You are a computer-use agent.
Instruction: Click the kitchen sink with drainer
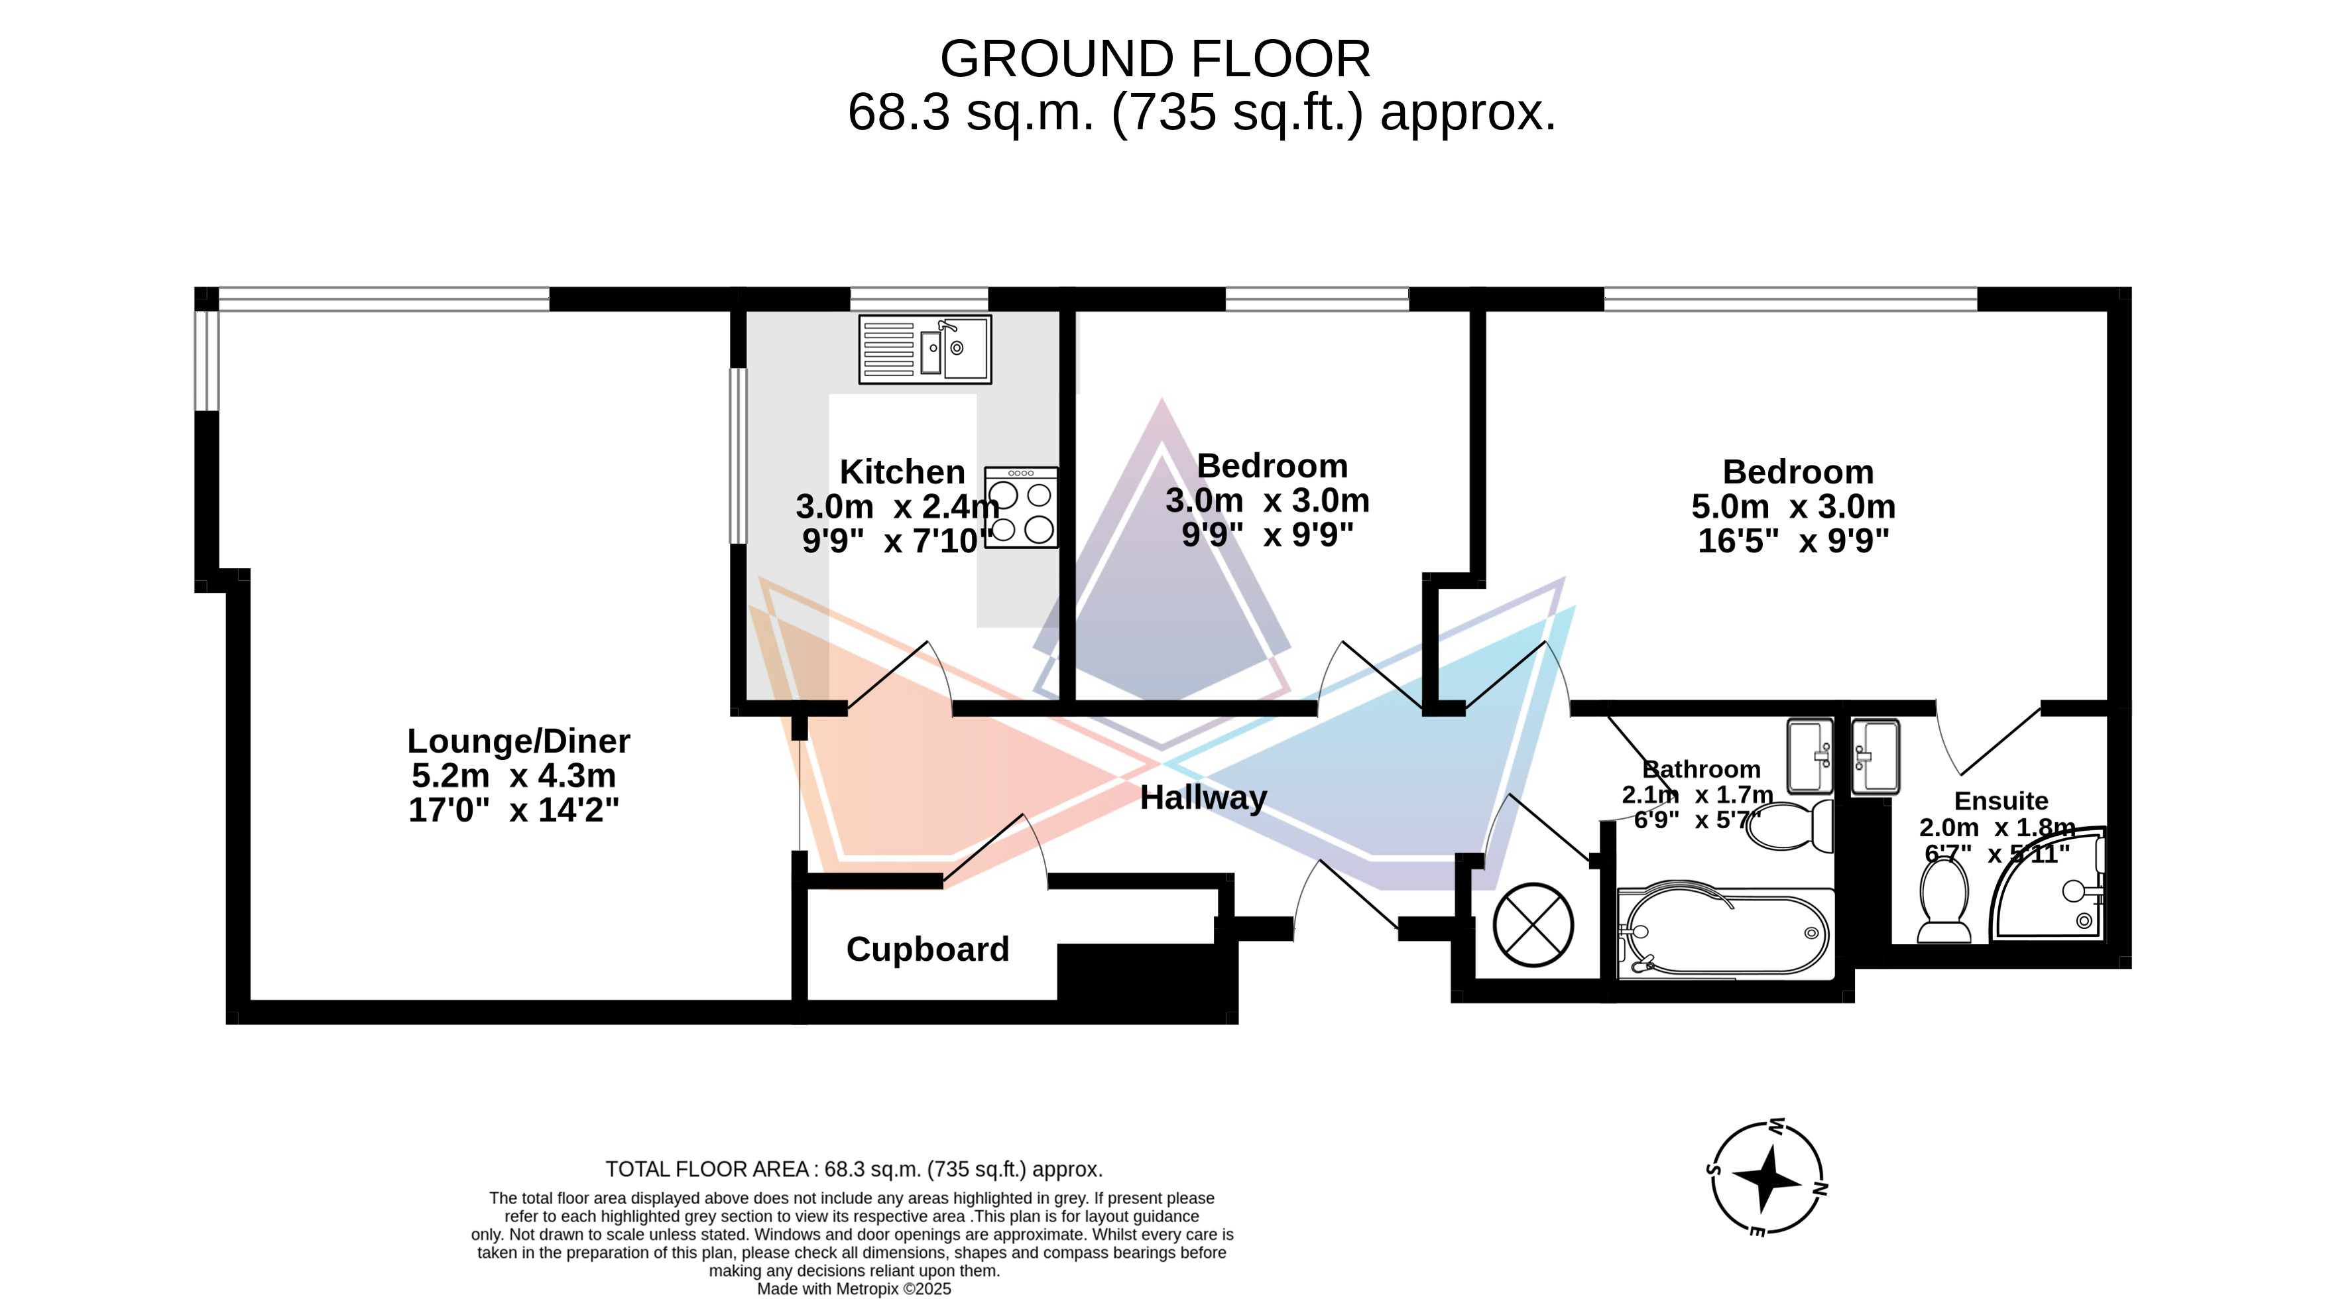click(x=925, y=349)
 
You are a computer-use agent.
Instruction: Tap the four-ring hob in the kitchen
click(x=1022, y=507)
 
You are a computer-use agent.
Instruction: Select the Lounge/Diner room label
click(x=518, y=741)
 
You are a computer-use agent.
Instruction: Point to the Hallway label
click(x=1203, y=798)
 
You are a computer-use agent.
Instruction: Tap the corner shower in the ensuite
click(x=2049, y=884)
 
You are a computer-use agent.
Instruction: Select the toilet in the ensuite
click(x=1944, y=899)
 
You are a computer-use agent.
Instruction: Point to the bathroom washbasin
click(x=1811, y=755)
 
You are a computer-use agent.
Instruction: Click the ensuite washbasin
click(x=1876, y=757)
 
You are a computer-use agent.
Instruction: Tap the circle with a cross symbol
click(x=1533, y=925)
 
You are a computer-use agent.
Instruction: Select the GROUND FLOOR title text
click(x=1156, y=60)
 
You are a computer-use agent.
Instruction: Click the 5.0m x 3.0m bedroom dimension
click(x=1793, y=507)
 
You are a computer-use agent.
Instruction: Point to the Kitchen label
click(x=902, y=472)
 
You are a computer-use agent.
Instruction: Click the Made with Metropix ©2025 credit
click(x=854, y=1289)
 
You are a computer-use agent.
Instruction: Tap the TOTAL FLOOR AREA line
click(x=854, y=1170)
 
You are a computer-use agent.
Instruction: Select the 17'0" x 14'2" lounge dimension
click(x=514, y=810)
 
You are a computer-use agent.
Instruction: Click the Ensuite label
click(x=2001, y=801)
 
